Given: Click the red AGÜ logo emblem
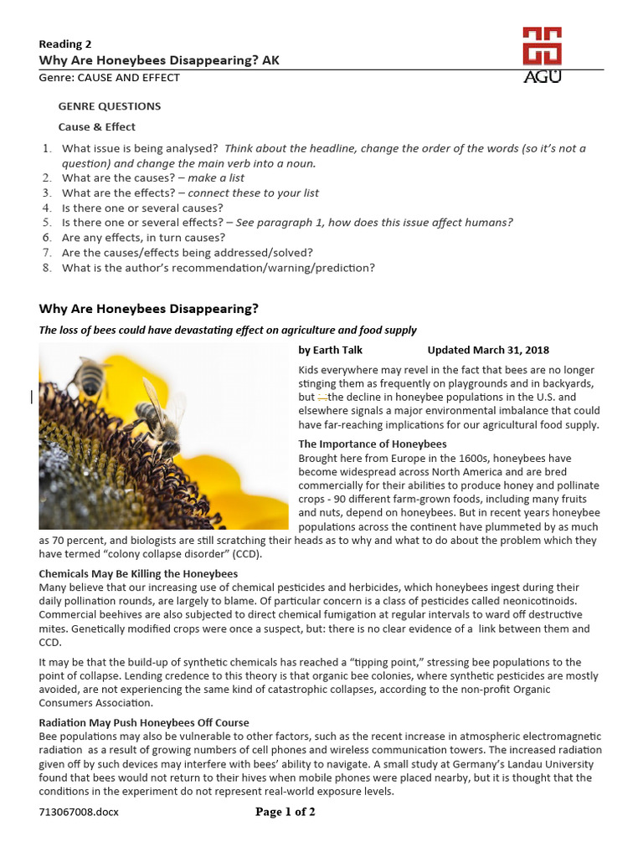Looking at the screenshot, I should tap(542, 47).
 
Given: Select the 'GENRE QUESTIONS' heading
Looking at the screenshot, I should tap(109, 106).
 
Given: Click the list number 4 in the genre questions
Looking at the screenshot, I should tap(47, 208).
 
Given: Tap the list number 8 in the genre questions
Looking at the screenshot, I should tap(47, 268).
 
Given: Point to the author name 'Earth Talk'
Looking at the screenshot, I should tap(337, 350).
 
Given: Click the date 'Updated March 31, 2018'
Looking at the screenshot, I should tap(488, 350).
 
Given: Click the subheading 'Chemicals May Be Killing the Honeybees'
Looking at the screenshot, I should tap(139, 573).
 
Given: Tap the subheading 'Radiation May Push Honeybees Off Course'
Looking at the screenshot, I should tap(144, 722).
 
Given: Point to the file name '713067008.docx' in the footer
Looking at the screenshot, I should tap(79, 813).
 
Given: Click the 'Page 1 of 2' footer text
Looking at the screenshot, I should tap(285, 812).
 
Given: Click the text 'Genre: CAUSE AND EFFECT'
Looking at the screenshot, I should tap(109, 77).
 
